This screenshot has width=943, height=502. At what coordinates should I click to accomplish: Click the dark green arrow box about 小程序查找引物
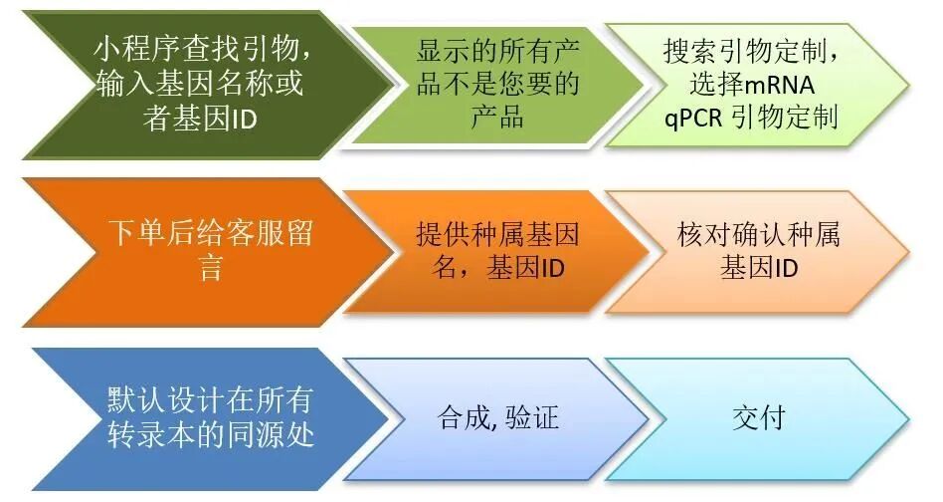click(189, 84)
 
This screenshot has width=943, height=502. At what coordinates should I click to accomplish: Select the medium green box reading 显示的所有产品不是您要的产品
click(497, 84)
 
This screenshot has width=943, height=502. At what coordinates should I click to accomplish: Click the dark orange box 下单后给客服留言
click(189, 251)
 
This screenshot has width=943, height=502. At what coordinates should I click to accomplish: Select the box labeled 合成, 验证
click(497, 417)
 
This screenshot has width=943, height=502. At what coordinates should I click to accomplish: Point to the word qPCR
click(693, 118)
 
